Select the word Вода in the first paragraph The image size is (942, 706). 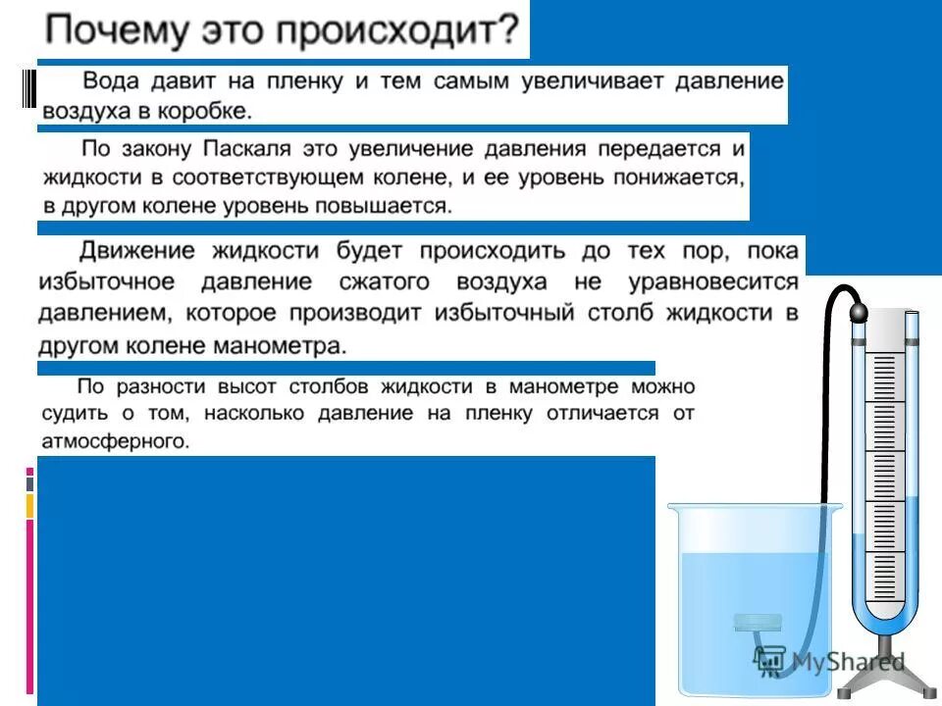tap(111, 81)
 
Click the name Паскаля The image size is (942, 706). tap(246, 150)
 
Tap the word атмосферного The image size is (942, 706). tap(115, 441)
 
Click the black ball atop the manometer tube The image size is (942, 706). tap(858, 313)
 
